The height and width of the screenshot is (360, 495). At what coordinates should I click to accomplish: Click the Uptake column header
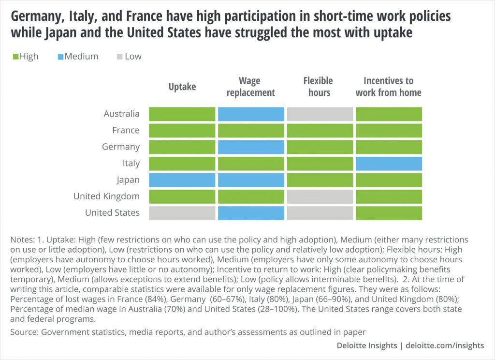point(182,87)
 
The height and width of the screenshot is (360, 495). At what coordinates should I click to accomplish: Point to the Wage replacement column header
point(250,87)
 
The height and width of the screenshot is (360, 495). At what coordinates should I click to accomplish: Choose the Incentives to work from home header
point(388,87)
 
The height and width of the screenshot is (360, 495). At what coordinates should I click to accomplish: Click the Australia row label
point(121,114)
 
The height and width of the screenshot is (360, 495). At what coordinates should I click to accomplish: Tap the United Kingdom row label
point(106,196)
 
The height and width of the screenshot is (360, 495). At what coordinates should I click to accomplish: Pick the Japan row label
point(128,180)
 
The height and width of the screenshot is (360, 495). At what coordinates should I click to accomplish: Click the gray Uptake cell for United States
point(182,213)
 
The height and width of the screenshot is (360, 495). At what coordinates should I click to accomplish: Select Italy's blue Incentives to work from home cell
point(389,164)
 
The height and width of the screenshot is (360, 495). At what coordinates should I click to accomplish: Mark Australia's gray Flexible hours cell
point(320,114)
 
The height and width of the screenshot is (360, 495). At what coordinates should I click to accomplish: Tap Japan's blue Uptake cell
point(182,180)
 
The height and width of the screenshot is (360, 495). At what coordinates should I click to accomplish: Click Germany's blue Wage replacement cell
point(251,147)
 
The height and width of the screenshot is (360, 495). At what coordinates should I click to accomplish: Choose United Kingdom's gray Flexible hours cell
point(320,196)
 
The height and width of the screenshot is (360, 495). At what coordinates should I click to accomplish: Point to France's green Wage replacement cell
point(251,131)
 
